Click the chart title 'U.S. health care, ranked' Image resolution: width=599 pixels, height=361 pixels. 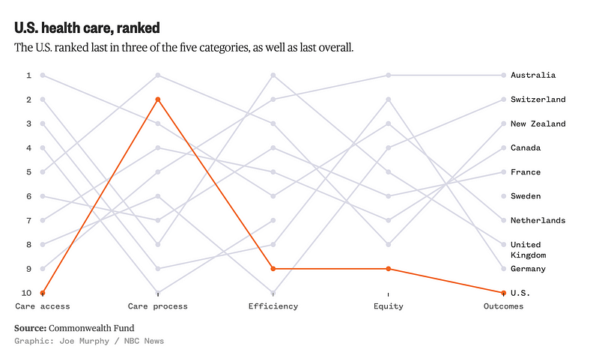87,28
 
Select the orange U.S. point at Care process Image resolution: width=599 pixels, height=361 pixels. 158,100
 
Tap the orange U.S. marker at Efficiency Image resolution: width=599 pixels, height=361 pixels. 273,269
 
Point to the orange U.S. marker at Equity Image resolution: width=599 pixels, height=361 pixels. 389,269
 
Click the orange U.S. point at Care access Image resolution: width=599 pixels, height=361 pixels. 43,293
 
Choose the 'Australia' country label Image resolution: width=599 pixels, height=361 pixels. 533,75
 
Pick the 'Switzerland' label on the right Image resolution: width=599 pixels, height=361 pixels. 538,100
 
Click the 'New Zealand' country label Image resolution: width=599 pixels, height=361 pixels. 538,124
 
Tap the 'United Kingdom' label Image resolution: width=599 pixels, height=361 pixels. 528,249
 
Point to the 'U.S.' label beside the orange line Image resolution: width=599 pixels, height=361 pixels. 520,293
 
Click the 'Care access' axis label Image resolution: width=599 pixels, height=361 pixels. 43,306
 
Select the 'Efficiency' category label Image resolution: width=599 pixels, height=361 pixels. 273,306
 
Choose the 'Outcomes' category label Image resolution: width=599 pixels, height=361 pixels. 503,306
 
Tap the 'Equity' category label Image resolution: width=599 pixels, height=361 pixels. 389,306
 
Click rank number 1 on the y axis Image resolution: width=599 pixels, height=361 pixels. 28,75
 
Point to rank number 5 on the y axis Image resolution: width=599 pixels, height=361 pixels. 28,172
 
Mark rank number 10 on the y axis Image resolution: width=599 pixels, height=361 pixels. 26,293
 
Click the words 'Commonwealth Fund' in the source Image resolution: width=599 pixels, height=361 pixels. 82,328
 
